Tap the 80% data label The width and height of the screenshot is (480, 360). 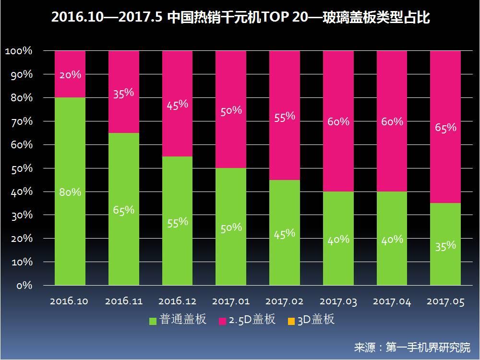point(70,192)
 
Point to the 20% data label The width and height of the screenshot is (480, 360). point(70,75)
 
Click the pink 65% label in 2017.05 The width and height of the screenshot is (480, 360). point(445,128)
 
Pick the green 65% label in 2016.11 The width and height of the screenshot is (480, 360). point(124,210)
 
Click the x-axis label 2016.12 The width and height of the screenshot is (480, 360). point(177,301)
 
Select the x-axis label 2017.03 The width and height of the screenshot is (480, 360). point(338,301)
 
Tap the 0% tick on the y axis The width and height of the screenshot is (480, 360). point(24,286)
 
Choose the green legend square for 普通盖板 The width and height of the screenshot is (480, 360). point(153,320)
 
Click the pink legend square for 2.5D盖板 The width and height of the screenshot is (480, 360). point(222,320)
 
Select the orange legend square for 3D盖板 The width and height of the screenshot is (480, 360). point(291,320)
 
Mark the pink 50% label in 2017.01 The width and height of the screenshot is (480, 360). point(231,110)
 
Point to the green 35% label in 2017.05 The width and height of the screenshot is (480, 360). point(445,245)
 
